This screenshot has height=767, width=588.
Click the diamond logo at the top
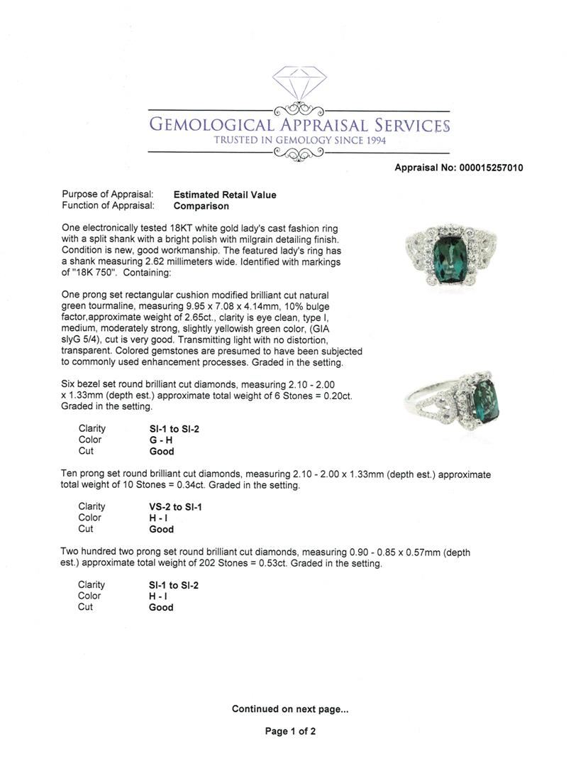pos(299,84)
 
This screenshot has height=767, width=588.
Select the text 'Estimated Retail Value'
pos(225,195)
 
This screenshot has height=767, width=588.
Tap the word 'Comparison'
pos(201,206)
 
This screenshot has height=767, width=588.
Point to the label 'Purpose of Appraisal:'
pos(108,195)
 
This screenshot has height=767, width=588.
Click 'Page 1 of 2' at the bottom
pos(290,731)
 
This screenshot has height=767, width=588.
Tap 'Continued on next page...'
pos(290,709)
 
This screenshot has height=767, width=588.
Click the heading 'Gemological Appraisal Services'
pos(299,126)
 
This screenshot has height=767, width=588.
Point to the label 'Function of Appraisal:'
pos(108,206)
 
